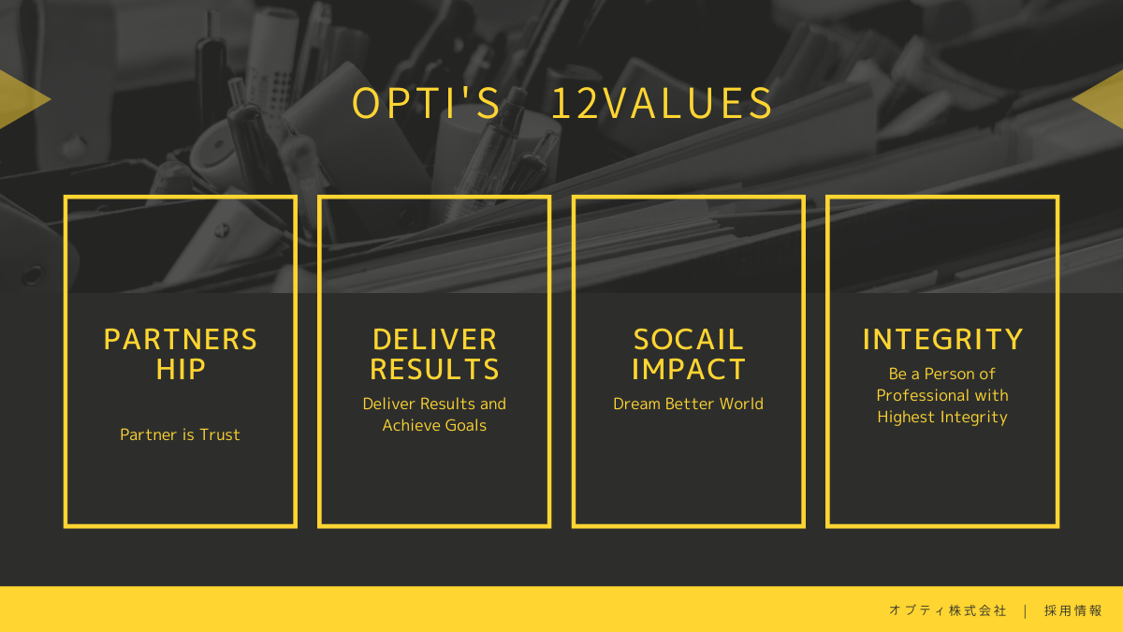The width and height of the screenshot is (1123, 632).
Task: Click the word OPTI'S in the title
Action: [426, 103]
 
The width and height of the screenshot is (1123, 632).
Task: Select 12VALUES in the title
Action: [662, 103]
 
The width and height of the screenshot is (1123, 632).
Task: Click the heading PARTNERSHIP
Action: [181, 354]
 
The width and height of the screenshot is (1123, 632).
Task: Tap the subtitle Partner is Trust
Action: [180, 434]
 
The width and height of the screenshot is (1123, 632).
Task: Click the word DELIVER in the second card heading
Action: [434, 340]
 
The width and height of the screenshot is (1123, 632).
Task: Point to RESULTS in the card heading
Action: [434, 370]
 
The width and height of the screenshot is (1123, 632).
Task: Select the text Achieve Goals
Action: [434, 425]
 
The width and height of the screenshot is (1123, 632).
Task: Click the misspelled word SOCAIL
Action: [689, 340]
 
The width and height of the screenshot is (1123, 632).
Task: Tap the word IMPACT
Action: [689, 370]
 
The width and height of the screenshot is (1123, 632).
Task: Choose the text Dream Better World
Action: [689, 404]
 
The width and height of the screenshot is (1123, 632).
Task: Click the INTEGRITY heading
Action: [942, 340]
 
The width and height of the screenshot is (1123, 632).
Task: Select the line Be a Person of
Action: [942, 374]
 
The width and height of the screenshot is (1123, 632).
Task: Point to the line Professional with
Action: [942, 395]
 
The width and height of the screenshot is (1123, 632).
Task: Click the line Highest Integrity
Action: [942, 418]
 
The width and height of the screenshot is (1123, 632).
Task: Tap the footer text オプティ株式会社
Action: [947, 610]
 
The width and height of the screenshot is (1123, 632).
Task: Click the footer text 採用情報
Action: [1072, 610]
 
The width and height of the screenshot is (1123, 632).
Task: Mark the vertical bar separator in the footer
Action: [1026, 610]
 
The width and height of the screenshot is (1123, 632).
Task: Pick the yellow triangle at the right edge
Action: [1103, 99]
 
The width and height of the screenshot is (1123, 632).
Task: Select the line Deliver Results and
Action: [434, 404]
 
